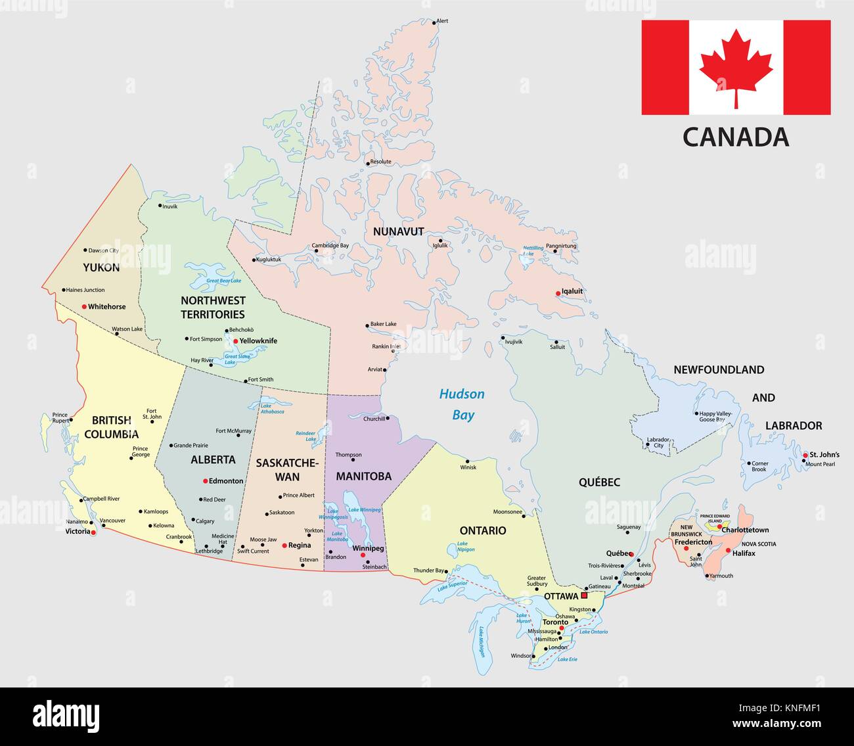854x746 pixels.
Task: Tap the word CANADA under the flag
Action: [x=736, y=137]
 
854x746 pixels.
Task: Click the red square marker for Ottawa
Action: [x=584, y=595]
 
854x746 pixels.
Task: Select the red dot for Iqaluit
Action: [x=558, y=293]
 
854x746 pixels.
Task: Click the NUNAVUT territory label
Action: [x=398, y=231]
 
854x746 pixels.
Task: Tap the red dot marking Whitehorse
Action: [x=84, y=306]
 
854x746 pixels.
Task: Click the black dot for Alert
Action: [x=434, y=22]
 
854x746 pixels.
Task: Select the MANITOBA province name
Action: [x=363, y=476]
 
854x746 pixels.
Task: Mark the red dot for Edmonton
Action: [x=206, y=480]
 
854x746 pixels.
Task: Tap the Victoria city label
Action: [x=78, y=531]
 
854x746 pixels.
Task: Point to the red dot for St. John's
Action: [x=805, y=455]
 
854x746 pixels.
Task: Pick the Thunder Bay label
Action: [x=429, y=570]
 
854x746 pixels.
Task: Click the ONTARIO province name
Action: [x=483, y=530]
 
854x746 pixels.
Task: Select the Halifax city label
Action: [x=742, y=553]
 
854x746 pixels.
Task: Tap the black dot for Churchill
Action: [x=388, y=419]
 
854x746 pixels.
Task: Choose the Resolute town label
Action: [x=380, y=162]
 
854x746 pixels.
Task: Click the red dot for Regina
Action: [x=284, y=546]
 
